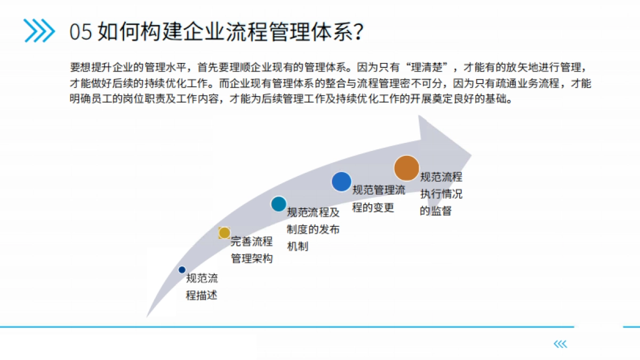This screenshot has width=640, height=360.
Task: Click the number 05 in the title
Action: pos(81,32)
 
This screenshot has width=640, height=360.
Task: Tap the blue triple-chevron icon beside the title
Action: pos(39,30)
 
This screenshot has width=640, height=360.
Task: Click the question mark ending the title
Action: pos(358,32)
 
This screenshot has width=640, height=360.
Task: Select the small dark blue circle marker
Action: pos(182,270)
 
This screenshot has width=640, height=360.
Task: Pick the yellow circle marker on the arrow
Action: pos(225,233)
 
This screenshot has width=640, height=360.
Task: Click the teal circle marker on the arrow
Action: pos(278,204)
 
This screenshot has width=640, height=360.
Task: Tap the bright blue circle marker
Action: pos(341,182)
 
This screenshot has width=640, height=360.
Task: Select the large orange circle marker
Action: pos(406,168)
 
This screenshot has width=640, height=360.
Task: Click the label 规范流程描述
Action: pos(202,287)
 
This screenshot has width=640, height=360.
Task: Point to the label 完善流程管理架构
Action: pos(251,250)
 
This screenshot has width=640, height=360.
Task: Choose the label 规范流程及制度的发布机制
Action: pos(313,229)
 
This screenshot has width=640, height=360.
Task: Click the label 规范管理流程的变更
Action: pos(378,199)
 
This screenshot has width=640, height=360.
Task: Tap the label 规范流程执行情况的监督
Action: pos(441,194)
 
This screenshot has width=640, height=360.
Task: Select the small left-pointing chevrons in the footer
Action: pos(560,345)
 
